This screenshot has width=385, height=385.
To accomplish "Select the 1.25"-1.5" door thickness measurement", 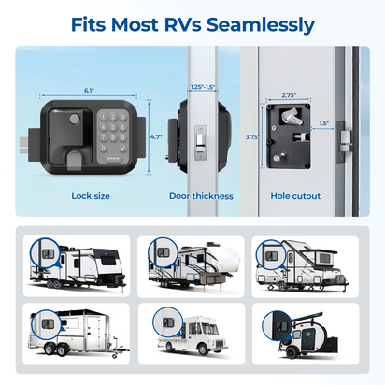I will point(202,86).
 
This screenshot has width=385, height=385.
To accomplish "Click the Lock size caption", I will point(92,196).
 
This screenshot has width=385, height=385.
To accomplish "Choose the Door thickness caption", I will point(201,196).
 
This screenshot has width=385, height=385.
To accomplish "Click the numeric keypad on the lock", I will point(115,131).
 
